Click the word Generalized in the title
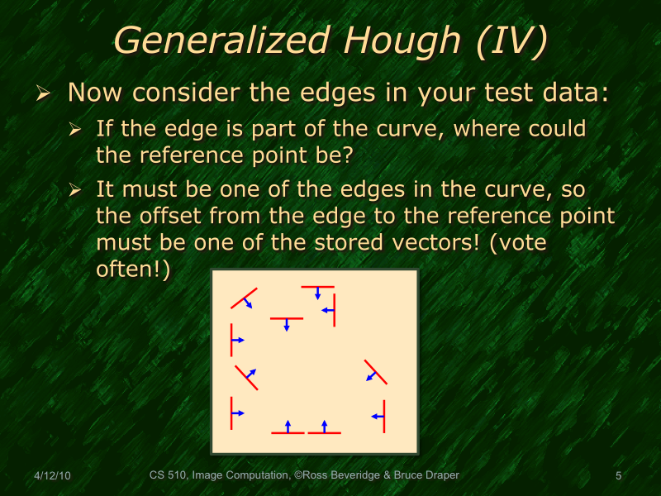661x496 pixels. (218, 40)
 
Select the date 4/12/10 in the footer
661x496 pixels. (52, 476)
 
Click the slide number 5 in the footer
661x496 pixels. (619, 476)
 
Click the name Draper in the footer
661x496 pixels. (438, 476)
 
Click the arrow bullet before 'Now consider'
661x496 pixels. (45, 93)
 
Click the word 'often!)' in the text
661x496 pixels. (133, 270)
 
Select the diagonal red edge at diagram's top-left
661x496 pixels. (244, 298)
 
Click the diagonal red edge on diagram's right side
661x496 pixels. (375, 373)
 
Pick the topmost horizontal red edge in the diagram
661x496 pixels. (317, 287)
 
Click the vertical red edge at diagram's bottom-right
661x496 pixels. (385, 416)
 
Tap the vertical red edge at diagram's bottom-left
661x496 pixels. (231, 412)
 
